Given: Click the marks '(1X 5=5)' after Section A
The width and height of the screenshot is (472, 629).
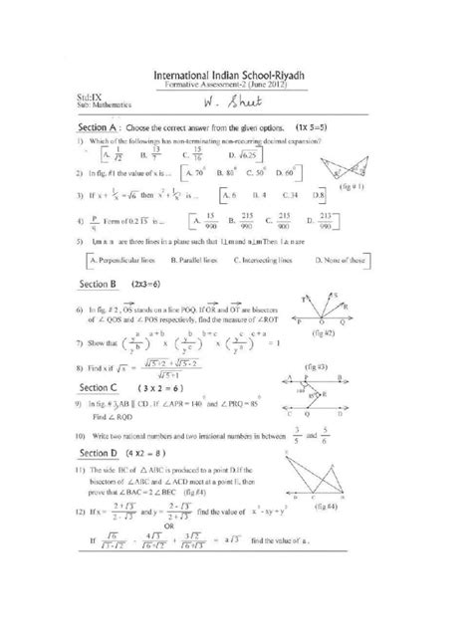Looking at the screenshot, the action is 317,129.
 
